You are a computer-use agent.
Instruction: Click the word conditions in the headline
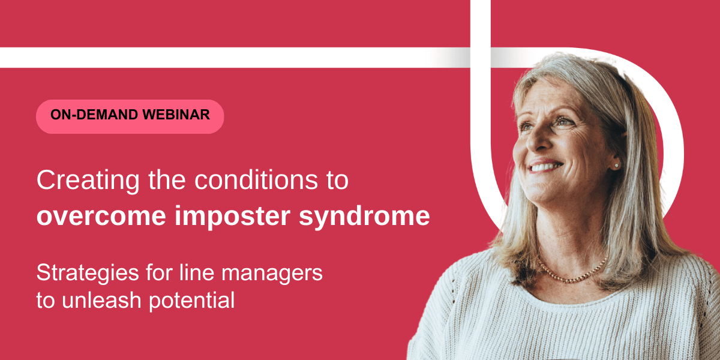256,180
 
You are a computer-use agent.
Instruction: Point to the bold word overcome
101,217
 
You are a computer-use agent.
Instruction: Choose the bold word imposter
233,217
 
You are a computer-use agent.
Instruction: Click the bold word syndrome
365,217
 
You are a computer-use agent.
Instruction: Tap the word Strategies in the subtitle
88,274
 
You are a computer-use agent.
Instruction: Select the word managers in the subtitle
272,274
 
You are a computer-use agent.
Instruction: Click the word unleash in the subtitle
101,300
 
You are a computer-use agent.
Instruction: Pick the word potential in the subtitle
192,301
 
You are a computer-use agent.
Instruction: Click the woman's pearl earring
617,166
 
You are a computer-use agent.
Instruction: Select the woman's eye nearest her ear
566,121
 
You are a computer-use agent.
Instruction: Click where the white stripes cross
481,58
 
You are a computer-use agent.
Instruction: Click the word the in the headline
167,180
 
